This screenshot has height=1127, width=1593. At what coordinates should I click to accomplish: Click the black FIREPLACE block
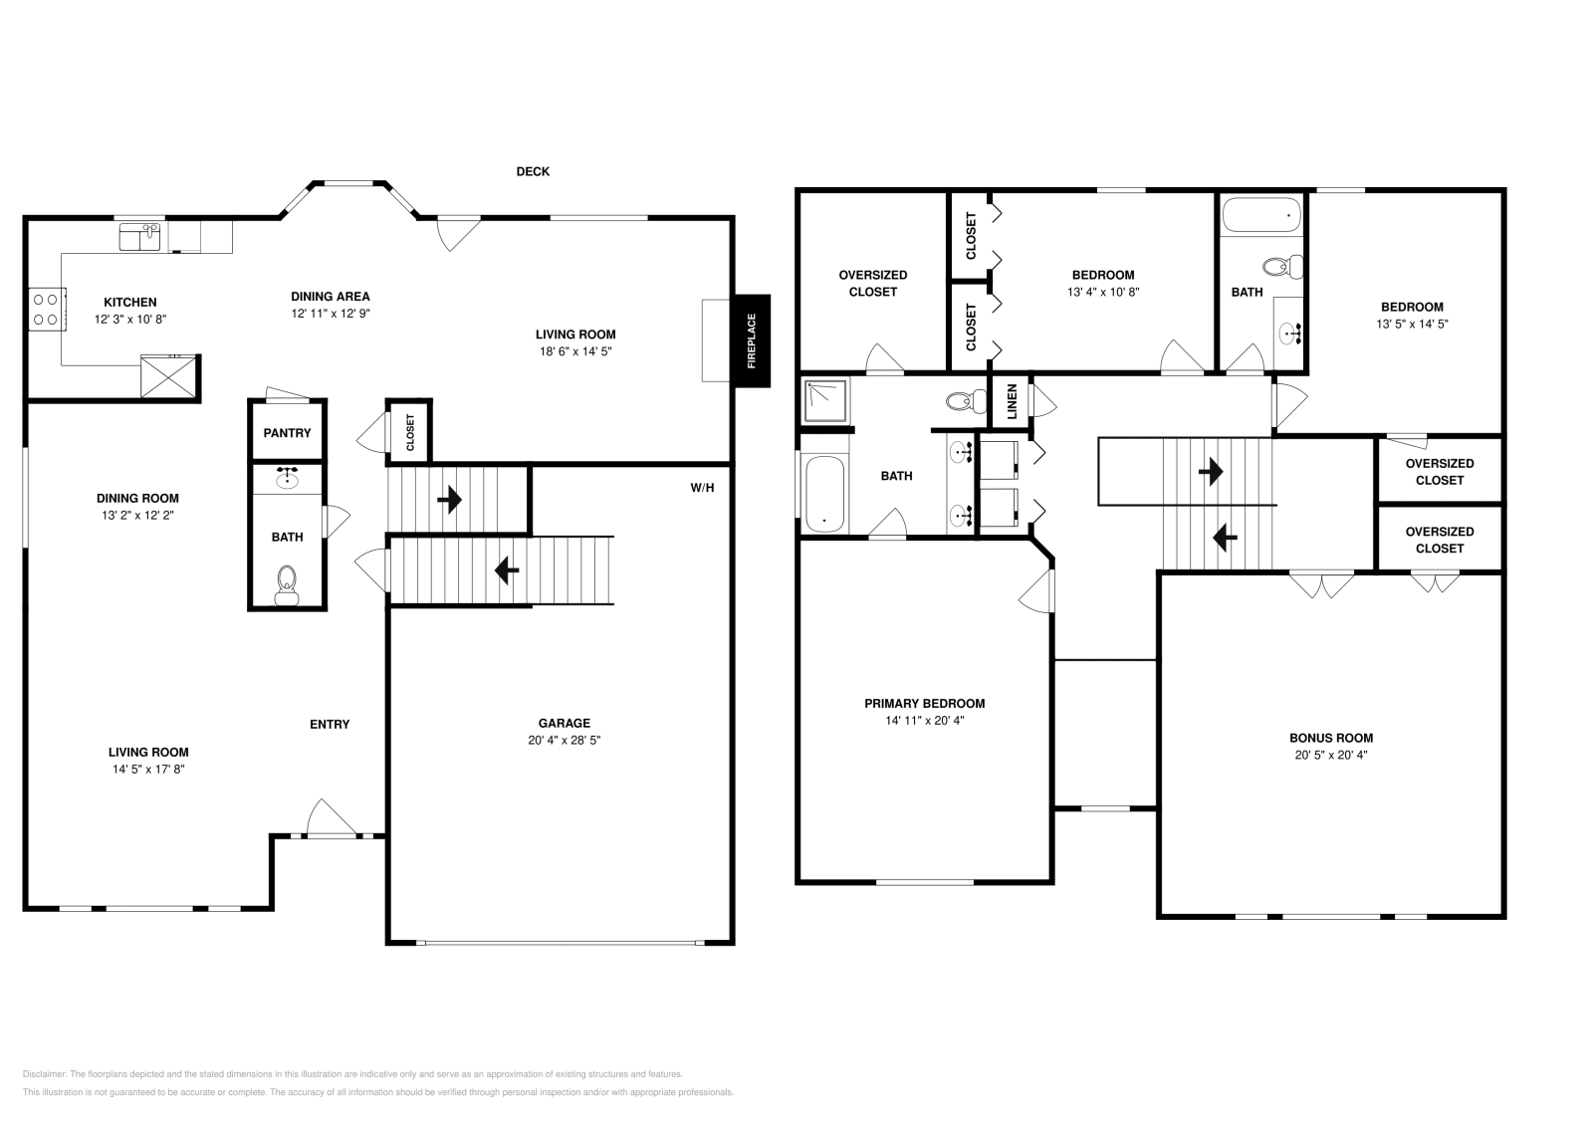click(x=752, y=340)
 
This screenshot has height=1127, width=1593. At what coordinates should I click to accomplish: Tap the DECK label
click(x=533, y=171)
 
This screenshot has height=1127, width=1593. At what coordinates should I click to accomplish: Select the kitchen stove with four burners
click(x=46, y=308)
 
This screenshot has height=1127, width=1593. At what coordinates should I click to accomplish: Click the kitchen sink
click(x=140, y=237)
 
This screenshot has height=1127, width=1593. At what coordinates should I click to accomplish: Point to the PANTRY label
click(x=287, y=433)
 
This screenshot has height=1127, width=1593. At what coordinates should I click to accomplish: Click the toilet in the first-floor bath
click(x=287, y=583)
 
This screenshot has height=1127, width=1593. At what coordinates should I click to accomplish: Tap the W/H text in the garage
click(x=702, y=488)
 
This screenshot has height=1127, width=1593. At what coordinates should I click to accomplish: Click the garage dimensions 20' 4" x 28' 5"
click(x=565, y=741)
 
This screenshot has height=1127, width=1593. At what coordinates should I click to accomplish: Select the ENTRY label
click(x=330, y=724)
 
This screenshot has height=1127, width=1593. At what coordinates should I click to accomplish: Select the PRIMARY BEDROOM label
click(x=924, y=703)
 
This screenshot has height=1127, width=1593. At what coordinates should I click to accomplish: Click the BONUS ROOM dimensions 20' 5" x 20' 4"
click(x=1330, y=755)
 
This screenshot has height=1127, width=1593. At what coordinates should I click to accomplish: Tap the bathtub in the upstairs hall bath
click(x=1261, y=214)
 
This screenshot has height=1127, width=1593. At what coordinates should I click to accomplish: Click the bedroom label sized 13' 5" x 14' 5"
click(x=1411, y=307)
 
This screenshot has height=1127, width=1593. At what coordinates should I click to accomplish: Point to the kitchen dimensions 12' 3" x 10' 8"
click(x=130, y=320)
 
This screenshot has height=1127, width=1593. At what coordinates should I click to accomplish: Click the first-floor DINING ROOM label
click(x=137, y=498)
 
